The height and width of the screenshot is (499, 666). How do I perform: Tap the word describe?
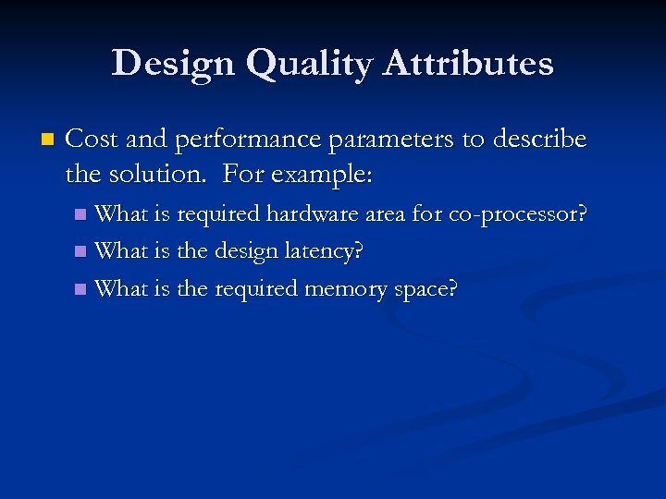pyautogui.click(x=537, y=140)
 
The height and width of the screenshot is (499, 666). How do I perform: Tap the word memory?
pyautogui.click(x=348, y=288)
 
